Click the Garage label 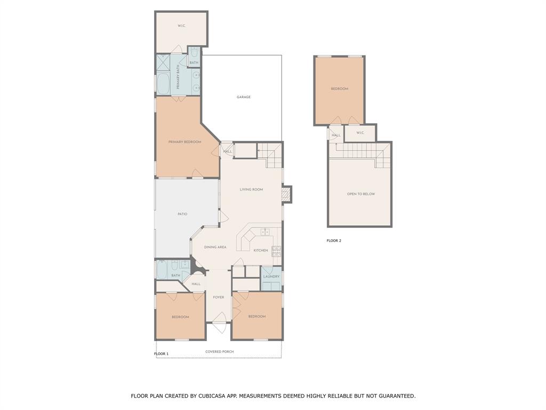tap(243, 97)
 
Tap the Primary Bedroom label tap(185, 142)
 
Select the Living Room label tap(252, 190)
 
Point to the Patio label tap(182, 214)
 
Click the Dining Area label tap(215, 247)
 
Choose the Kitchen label tap(261, 250)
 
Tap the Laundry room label tap(271, 277)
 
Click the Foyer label tap(219, 297)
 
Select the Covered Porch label tap(219, 351)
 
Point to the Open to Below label tap(361, 194)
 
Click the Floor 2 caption tap(334, 241)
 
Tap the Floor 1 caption tap(161, 353)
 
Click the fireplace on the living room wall tap(286, 194)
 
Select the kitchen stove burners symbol tap(277, 251)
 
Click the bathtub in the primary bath tap(163, 84)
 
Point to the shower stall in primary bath tap(163, 63)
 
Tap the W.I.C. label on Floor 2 tap(360, 133)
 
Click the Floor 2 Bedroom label tap(340, 89)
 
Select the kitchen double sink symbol tap(266, 232)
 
